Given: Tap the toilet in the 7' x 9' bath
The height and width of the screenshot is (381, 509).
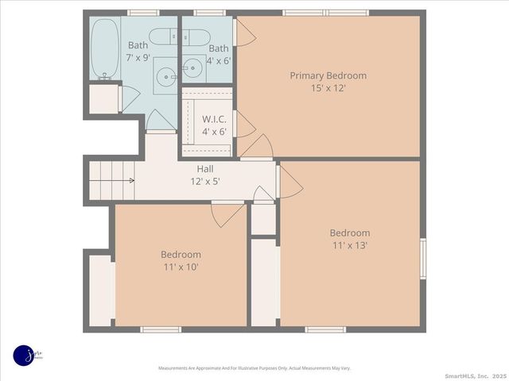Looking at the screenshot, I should [165, 36].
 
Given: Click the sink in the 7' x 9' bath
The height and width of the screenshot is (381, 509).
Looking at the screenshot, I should [166, 77].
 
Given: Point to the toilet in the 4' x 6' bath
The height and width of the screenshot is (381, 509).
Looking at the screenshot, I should [196, 36].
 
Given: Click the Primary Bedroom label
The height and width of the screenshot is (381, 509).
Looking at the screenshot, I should [328, 75].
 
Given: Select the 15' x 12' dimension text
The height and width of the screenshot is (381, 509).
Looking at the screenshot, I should [328, 88].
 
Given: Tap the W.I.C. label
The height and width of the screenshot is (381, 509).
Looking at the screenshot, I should [214, 119].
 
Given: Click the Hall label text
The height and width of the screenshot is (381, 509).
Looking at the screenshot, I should [205, 168].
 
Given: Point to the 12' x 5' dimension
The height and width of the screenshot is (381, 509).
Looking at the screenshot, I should [205, 181].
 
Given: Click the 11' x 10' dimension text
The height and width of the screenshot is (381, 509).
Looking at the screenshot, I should [181, 267].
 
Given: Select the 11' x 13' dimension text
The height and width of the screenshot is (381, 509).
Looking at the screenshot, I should [350, 245].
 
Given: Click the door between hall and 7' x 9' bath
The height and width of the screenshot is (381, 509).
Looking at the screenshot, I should [161, 121].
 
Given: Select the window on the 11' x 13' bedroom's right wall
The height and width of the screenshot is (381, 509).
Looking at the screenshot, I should [423, 260].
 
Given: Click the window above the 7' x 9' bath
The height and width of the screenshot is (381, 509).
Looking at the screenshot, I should [143, 13].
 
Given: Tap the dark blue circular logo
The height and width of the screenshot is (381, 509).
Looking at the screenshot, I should [25, 356].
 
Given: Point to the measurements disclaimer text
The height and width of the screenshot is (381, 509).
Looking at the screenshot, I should [254, 368].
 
